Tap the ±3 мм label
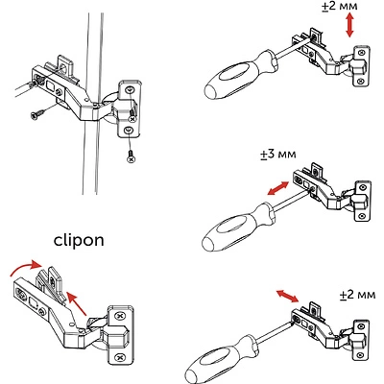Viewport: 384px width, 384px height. (x=277, y=155)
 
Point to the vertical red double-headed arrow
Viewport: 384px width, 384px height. (x=350, y=26)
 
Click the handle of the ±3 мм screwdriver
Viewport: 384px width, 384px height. (x=229, y=230)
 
